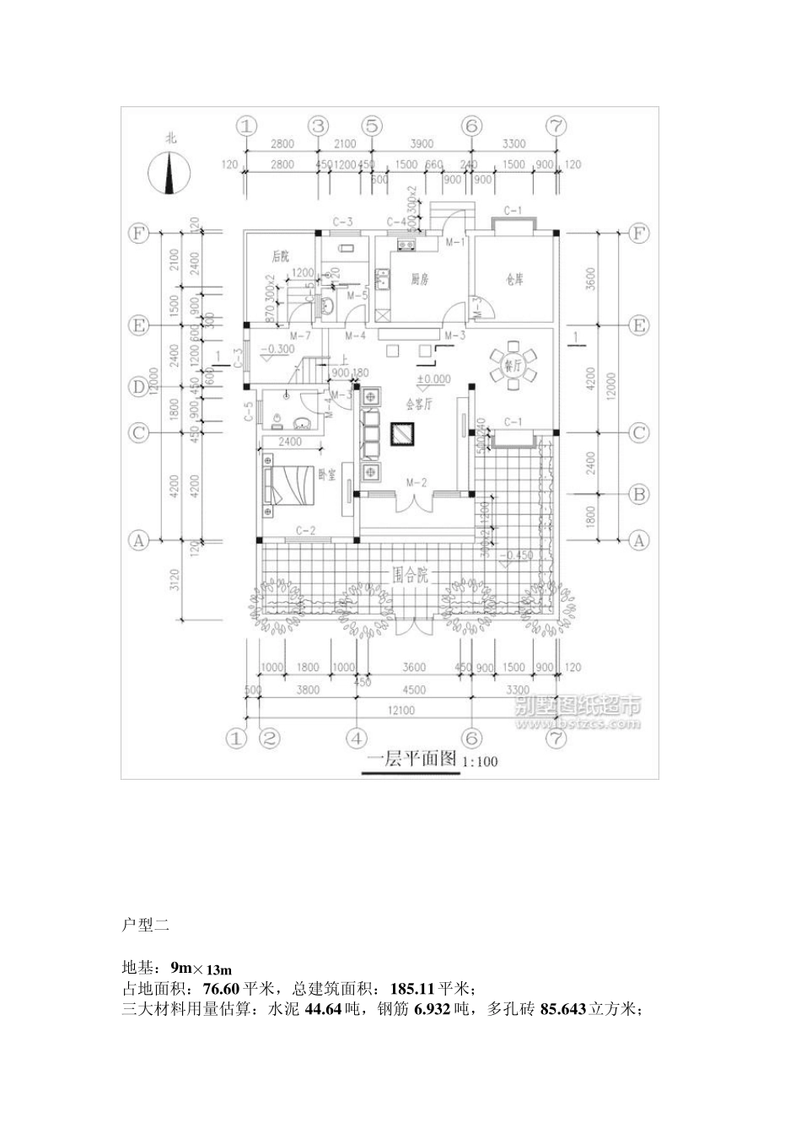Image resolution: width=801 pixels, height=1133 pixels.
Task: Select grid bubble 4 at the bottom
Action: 356,738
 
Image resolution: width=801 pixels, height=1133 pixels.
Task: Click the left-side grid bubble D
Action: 137,388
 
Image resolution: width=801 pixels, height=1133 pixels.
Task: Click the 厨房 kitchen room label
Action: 419,279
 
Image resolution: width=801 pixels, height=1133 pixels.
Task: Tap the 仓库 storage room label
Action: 514,279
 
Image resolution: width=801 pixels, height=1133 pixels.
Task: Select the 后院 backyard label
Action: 281,256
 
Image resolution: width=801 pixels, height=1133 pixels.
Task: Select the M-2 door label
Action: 415,483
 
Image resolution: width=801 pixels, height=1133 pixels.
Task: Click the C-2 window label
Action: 305,530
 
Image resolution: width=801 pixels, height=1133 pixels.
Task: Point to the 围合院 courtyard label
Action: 411,576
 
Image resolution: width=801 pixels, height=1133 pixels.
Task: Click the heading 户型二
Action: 146,925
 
